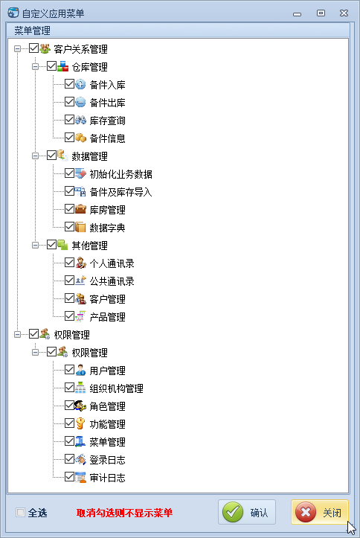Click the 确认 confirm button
click(x=247, y=512)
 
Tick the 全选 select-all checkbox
click(x=21, y=512)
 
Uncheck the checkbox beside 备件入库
click(x=69, y=84)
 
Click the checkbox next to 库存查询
click(x=69, y=120)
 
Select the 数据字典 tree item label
click(x=107, y=228)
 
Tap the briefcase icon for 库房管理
click(x=80, y=209)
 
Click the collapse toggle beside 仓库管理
click(x=35, y=66)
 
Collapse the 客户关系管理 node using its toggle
click(x=18, y=48)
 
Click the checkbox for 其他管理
click(x=51, y=245)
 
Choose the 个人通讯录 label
click(x=112, y=263)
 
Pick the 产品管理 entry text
click(x=107, y=317)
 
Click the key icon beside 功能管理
click(x=80, y=423)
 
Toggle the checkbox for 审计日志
click(x=69, y=476)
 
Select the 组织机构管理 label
click(x=116, y=388)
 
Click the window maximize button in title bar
click(x=321, y=13)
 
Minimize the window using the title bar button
click(x=298, y=14)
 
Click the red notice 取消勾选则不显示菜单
click(x=124, y=513)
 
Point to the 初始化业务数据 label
click(x=120, y=174)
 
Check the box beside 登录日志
click(x=69, y=458)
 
